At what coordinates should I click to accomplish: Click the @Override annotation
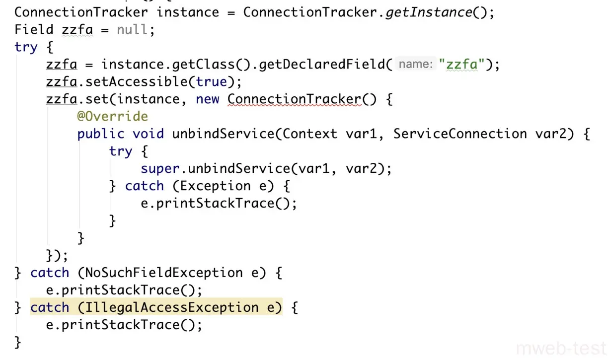click(112, 116)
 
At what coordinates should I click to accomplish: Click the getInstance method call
click(429, 12)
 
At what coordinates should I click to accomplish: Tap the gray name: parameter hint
click(415, 64)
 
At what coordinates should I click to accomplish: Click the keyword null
click(132, 29)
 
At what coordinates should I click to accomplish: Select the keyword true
click(212, 81)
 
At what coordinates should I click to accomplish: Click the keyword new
click(208, 99)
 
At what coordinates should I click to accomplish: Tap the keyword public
click(101, 134)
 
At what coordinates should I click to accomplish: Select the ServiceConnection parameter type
click(460, 134)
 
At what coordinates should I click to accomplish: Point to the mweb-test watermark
click(561, 347)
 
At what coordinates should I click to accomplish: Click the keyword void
click(148, 134)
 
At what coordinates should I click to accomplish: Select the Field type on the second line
click(34, 29)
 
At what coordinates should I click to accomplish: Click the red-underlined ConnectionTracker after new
click(295, 99)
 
